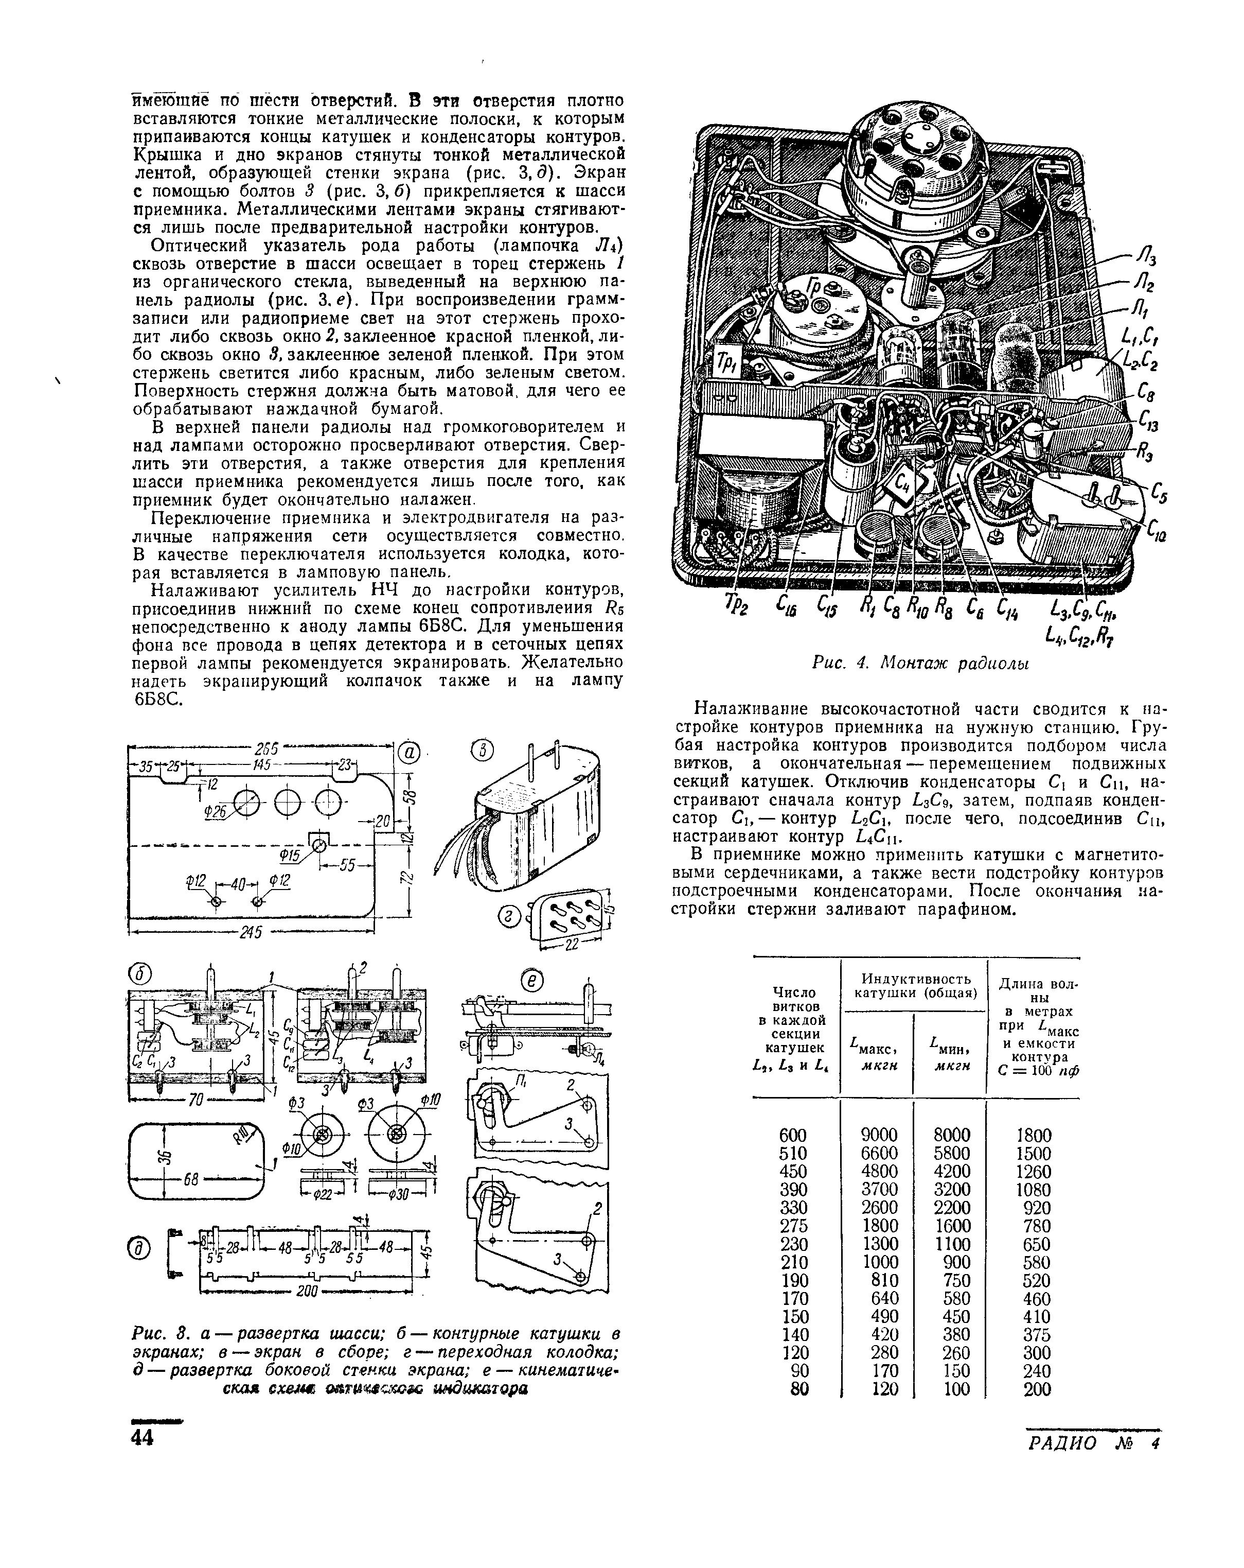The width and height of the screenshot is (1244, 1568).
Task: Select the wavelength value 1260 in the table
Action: point(1033,1171)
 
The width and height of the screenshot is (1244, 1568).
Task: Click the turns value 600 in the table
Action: point(792,1135)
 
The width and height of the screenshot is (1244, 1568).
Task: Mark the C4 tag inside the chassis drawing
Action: point(904,481)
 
